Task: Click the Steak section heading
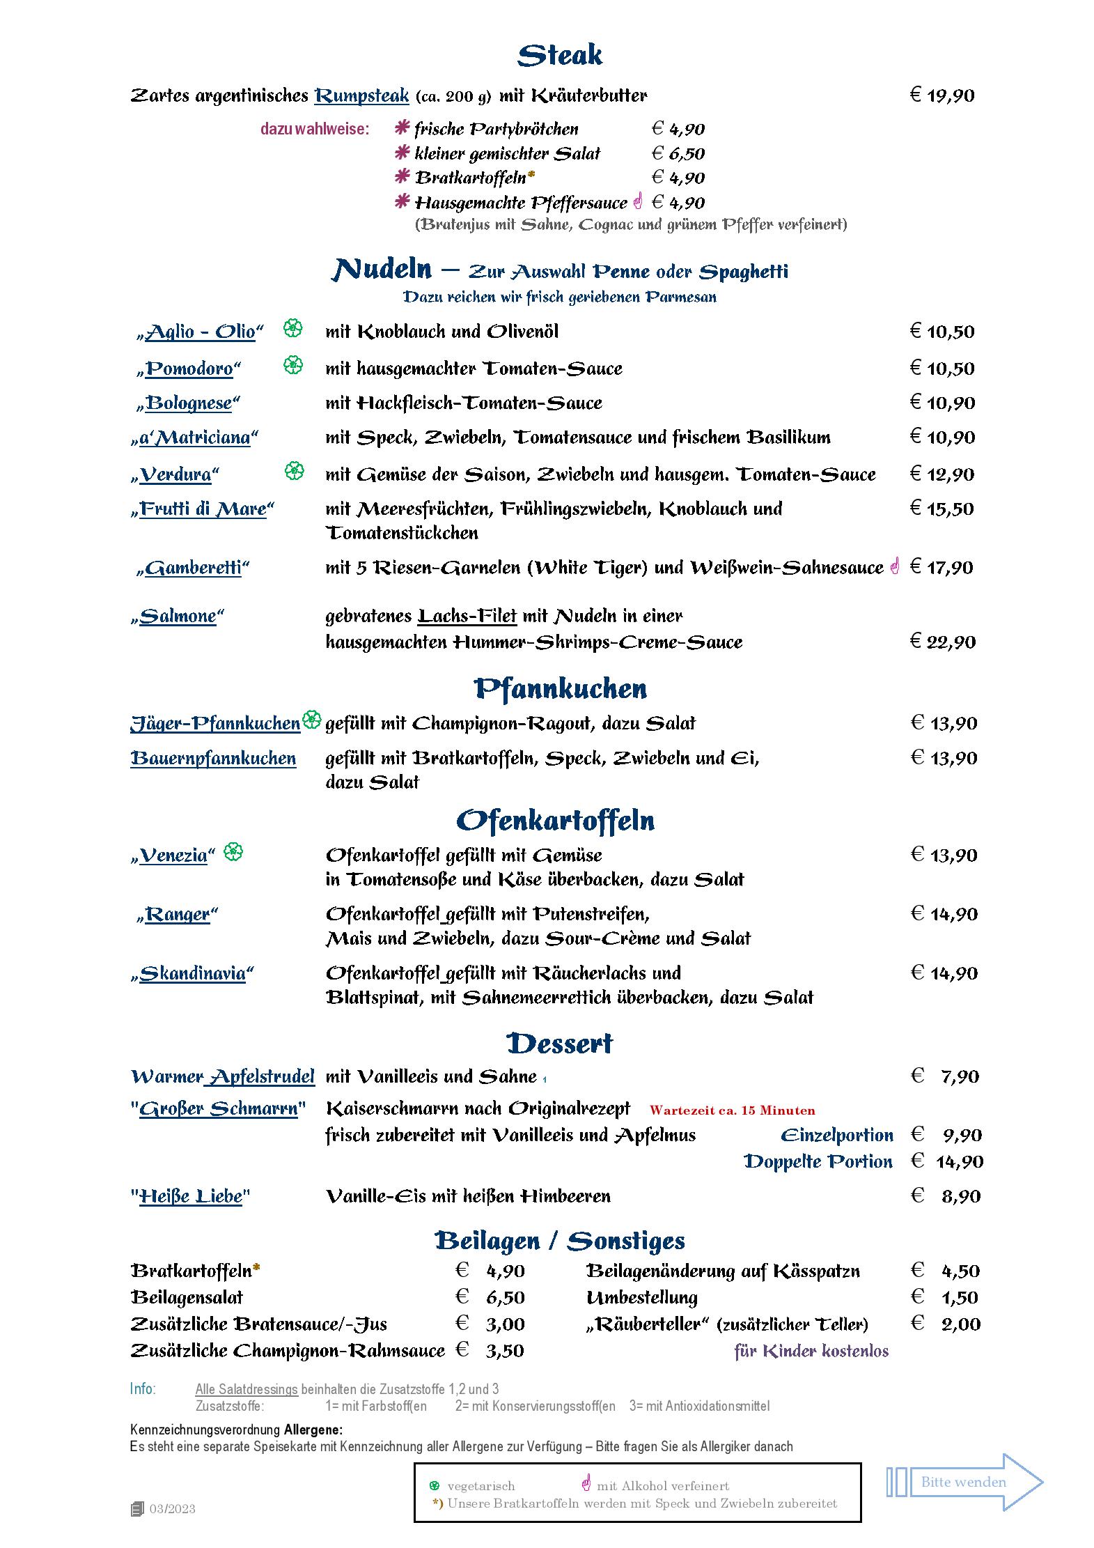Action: click(560, 55)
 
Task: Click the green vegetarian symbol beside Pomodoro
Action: click(294, 364)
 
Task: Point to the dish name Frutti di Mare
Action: click(203, 509)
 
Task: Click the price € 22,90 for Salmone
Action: click(943, 642)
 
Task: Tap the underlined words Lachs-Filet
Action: click(467, 616)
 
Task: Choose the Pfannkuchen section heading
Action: click(560, 688)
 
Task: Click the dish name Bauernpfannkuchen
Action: click(213, 758)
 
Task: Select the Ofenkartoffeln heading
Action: click(555, 820)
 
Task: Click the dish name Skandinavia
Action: click(192, 973)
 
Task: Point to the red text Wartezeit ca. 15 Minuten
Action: click(732, 1110)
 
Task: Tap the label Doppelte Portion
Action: click(818, 1161)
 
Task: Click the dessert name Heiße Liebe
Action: click(190, 1196)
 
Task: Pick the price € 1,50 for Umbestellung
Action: click(945, 1297)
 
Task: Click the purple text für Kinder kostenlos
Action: click(811, 1351)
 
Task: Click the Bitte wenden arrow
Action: click(964, 1482)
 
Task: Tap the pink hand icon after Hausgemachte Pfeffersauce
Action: click(638, 201)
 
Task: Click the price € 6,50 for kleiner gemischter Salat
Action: click(678, 154)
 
